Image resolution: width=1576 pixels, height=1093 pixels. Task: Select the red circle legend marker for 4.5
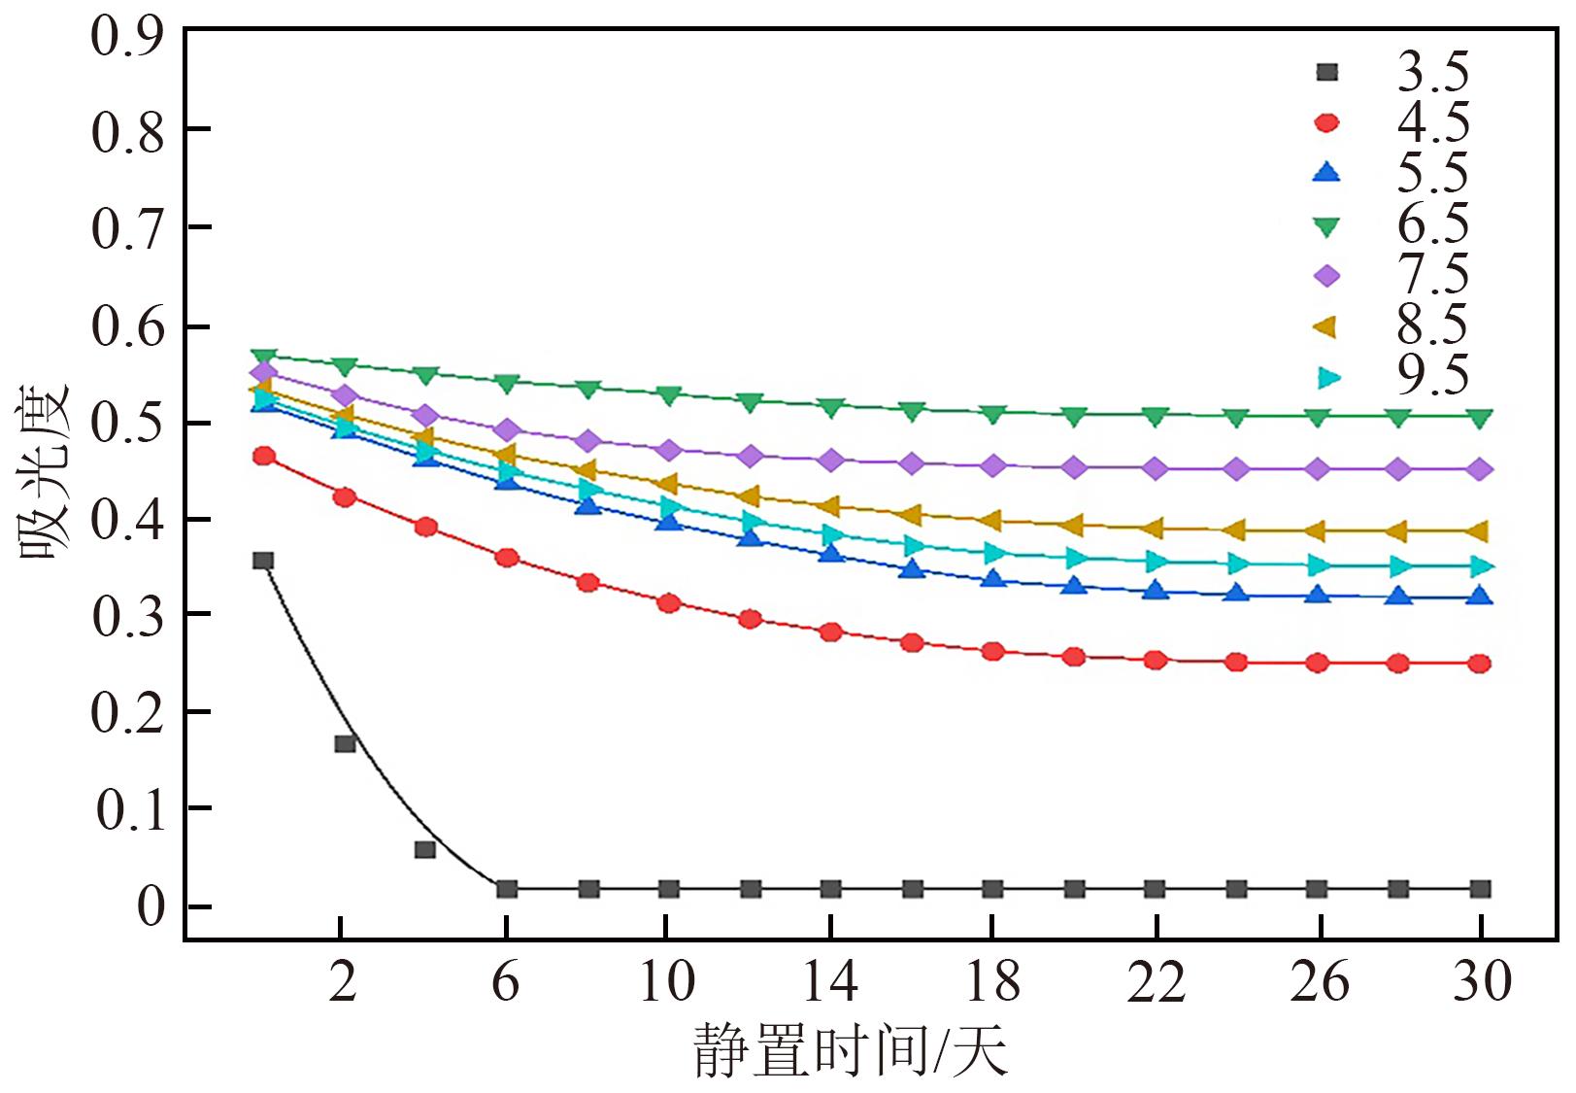pos(1325,122)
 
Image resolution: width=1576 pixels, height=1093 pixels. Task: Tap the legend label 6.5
pos(1432,224)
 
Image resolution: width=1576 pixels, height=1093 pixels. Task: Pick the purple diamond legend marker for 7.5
pos(1325,276)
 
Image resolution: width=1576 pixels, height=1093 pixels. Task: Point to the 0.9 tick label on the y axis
pos(126,37)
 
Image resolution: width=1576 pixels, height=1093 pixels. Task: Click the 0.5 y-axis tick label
pos(126,424)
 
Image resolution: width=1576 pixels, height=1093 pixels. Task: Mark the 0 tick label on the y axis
pos(151,907)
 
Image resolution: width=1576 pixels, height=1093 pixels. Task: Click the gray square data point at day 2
pos(345,743)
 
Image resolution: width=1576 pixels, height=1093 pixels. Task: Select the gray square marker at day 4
pos(425,849)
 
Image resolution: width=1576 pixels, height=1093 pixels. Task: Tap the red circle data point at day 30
pos(1480,664)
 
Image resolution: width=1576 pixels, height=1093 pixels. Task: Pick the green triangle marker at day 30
pos(1480,419)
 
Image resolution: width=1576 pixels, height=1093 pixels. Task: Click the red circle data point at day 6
pos(507,558)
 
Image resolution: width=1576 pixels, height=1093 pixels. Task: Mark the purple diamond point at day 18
pos(993,465)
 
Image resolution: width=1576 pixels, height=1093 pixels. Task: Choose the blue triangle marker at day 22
pos(1156,590)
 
